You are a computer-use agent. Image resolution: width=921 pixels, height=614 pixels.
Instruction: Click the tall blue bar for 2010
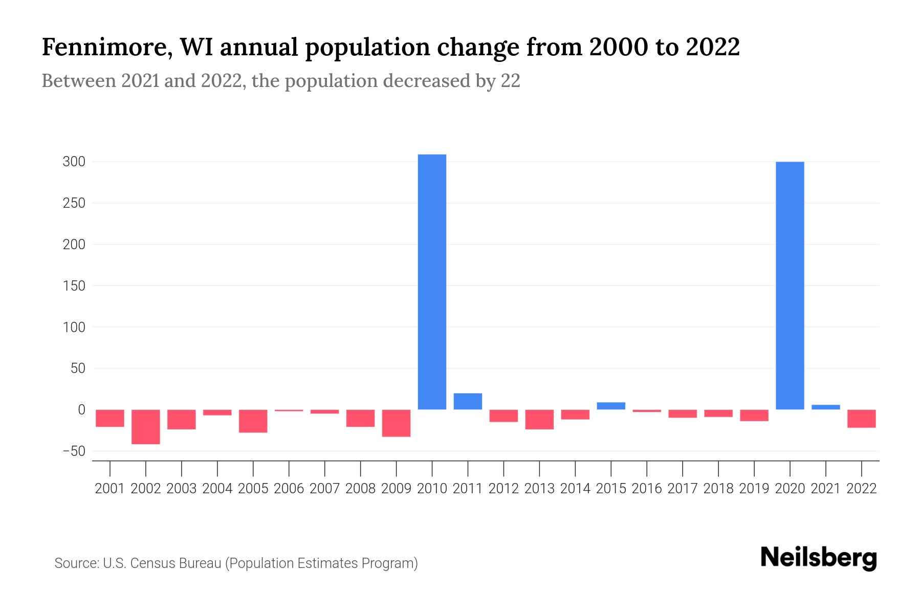pyautogui.click(x=432, y=281)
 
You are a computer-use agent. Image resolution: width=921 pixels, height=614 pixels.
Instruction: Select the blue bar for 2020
pyautogui.click(x=790, y=286)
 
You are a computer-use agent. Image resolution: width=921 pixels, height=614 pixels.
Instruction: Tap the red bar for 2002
pyautogui.click(x=146, y=427)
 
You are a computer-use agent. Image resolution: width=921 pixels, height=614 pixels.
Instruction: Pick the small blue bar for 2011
pyautogui.click(x=468, y=401)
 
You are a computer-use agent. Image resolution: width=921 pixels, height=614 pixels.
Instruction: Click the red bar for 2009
pyautogui.click(x=396, y=423)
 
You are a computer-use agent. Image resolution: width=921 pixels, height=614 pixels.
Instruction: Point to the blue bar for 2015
pyautogui.click(x=611, y=406)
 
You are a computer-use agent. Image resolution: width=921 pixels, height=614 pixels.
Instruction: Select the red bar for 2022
pyautogui.click(x=861, y=419)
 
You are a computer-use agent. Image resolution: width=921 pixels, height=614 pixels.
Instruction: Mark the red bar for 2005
pyautogui.click(x=253, y=421)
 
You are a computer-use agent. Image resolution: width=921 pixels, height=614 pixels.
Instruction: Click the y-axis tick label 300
pyautogui.click(x=74, y=162)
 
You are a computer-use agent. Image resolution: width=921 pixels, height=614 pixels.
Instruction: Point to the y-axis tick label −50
pyautogui.click(x=74, y=451)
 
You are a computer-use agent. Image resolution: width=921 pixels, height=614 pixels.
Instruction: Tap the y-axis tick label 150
pyautogui.click(x=74, y=286)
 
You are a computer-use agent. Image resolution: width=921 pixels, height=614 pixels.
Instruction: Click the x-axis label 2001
pyautogui.click(x=110, y=489)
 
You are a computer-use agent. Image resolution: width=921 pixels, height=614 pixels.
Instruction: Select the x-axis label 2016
pyautogui.click(x=647, y=489)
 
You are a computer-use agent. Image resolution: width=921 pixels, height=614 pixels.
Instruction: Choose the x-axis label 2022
pyautogui.click(x=862, y=489)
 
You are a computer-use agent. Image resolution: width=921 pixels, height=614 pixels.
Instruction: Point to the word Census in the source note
pyautogui.click(x=153, y=563)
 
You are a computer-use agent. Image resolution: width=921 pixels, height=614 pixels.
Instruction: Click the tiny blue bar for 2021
pyautogui.click(x=825, y=407)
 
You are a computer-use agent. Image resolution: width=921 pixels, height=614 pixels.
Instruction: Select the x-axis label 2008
pyautogui.click(x=360, y=489)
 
